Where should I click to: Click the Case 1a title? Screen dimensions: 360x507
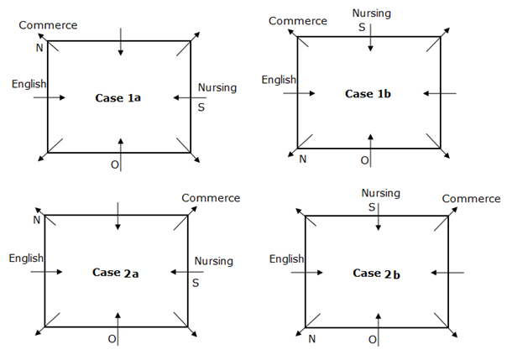point(118,98)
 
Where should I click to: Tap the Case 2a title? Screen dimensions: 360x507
point(114,272)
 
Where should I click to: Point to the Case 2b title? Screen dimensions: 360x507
point(374,273)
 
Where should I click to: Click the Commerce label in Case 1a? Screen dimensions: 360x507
point(48,25)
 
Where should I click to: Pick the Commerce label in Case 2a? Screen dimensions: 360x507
point(211,198)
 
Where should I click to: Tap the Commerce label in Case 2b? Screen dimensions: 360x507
point(471,199)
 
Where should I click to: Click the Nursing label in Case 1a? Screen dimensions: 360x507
point(217,87)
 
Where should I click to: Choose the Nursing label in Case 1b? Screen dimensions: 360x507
point(371,13)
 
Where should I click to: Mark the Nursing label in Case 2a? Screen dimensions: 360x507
point(213,261)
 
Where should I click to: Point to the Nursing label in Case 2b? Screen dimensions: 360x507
point(380,193)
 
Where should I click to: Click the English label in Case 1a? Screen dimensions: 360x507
point(29,84)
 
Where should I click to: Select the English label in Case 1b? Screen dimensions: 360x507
point(280,80)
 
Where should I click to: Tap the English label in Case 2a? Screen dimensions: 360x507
point(26,258)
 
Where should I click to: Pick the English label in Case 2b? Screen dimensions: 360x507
point(287,259)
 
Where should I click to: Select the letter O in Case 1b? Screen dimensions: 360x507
point(364,159)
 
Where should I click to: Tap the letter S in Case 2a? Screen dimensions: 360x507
point(195,283)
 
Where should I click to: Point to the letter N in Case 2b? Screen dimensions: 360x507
point(311,339)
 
